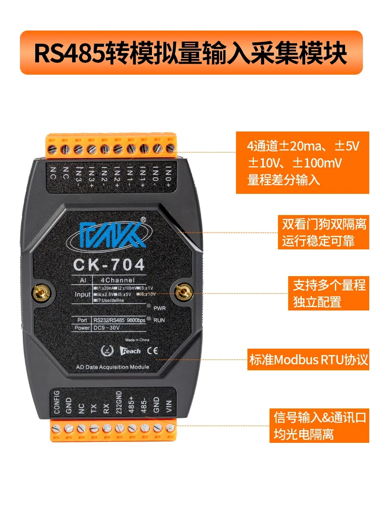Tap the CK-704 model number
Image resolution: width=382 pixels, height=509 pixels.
pyautogui.click(x=109, y=265)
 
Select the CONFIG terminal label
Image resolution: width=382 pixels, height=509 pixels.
pyautogui.click(x=57, y=403)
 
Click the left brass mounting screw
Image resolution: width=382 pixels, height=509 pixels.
pyautogui.click(x=42, y=291)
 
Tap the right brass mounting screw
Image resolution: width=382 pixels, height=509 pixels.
pyautogui.click(x=183, y=291)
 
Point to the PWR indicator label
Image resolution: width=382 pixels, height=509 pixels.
pyautogui.click(x=160, y=308)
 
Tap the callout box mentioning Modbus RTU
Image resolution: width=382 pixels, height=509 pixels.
pyautogui.click(x=308, y=361)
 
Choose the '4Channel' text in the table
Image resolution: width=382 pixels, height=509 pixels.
pyautogui.click(x=118, y=280)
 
